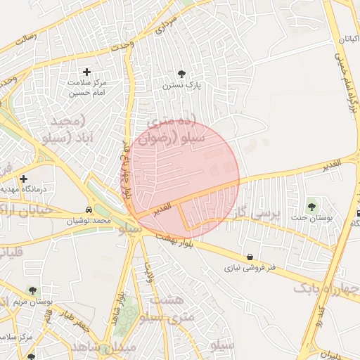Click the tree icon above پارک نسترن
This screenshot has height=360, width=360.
181,73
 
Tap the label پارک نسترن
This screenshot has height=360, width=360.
183,86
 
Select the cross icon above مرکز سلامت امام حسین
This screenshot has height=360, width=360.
86,72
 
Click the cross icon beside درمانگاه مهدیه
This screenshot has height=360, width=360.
23,179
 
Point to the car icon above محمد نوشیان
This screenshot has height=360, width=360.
89,210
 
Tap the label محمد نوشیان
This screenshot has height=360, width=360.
89,221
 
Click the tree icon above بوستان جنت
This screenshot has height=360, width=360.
311,206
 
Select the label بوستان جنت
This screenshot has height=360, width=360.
313,218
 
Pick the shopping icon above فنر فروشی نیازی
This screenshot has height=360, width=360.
250,257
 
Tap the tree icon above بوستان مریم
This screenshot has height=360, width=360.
32,290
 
